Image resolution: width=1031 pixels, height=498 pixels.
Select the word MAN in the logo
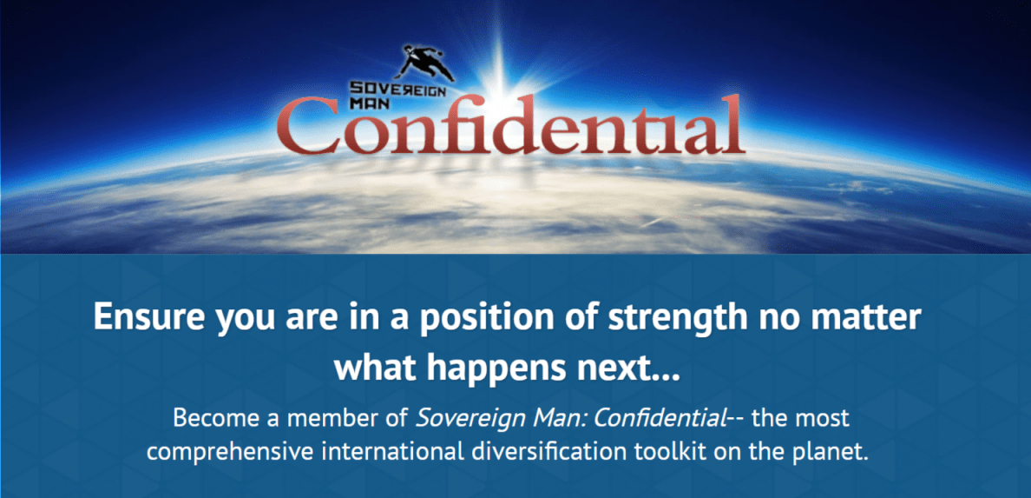(366, 103)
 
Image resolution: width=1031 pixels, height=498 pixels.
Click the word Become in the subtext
(209, 418)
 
